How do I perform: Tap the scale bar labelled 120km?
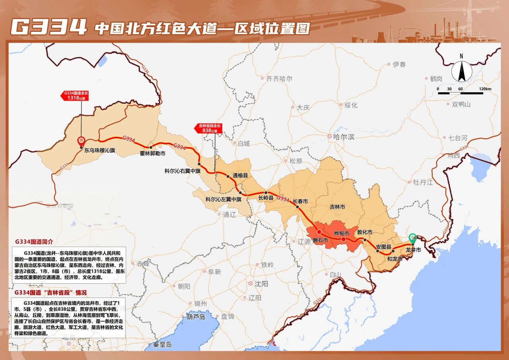tap(460, 93)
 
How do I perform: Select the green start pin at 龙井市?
tap(413, 238)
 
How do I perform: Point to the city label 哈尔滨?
tap(343, 136)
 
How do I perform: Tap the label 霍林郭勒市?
tap(153, 153)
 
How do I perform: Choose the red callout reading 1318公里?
tap(74, 95)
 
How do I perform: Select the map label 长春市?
tap(300, 201)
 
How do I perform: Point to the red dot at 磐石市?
tap(319, 232)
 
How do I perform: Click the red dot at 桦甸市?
tap(344, 239)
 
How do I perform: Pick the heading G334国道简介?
tap(34, 241)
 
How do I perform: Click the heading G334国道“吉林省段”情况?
tap(51, 292)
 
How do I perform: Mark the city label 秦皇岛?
tap(163, 344)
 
